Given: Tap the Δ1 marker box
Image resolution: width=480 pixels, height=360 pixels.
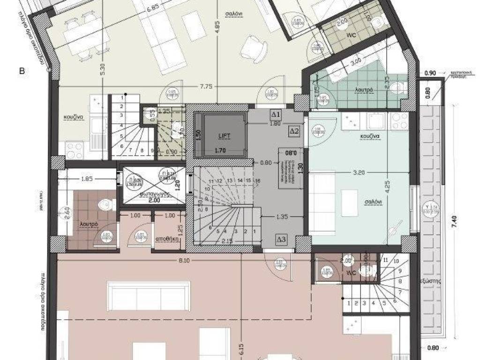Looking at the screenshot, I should (276, 114).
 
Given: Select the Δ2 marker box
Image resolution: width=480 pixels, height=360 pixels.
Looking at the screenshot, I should (294, 131).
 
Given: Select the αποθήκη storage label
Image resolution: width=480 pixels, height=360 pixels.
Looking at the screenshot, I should (168, 239).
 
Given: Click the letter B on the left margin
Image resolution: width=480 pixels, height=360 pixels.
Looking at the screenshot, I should (22, 71).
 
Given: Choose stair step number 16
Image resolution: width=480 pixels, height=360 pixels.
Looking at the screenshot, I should (258, 181).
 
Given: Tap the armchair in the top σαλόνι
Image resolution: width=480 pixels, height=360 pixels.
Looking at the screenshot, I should (255, 48).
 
